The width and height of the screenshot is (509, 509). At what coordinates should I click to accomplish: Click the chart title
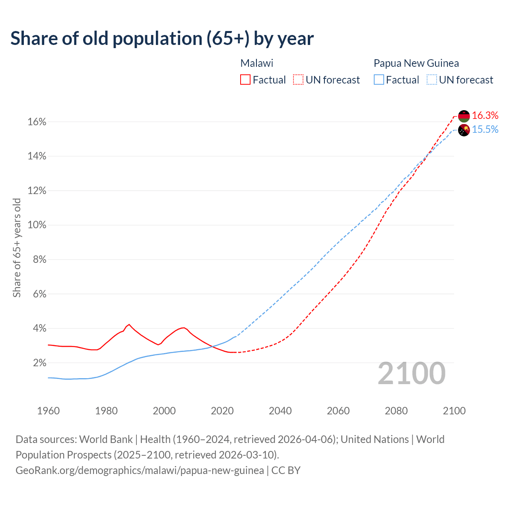click(162, 39)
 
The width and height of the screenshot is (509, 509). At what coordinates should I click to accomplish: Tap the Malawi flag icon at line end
click(464, 116)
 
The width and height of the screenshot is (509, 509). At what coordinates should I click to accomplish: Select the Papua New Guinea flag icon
click(464, 130)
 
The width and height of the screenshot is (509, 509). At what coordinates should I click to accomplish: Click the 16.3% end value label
click(485, 115)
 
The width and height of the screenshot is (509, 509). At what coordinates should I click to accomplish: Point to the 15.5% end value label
click(485, 130)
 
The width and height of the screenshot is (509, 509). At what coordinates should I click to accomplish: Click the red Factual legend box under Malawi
click(245, 80)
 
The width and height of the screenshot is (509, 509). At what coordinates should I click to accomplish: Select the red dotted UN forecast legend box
click(298, 80)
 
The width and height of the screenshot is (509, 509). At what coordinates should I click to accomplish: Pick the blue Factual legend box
click(379, 80)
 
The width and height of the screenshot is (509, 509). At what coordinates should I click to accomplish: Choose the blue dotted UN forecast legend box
click(431, 80)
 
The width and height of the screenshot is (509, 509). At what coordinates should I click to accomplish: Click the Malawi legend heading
click(257, 63)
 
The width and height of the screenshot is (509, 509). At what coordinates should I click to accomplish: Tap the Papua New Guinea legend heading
click(416, 63)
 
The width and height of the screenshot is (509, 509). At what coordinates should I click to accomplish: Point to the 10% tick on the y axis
click(37, 225)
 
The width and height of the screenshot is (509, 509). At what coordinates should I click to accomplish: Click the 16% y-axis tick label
click(37, 122)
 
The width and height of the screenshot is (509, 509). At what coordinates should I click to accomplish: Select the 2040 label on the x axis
click(280, 411)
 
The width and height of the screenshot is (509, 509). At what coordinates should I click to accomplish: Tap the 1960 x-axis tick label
click(49, 411)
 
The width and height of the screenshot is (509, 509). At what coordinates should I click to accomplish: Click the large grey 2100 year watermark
click(412, 373)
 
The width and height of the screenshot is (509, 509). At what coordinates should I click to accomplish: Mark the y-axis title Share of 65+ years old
click(17, 248)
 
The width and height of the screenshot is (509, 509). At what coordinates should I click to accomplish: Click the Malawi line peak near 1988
click(129, 324)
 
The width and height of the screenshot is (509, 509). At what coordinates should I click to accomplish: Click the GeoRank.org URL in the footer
click(140, 470)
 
